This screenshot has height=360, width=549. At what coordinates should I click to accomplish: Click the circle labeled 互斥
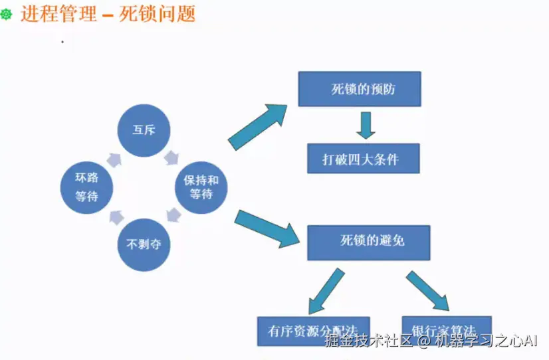coord(143,130)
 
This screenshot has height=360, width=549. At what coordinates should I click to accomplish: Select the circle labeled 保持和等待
coord(201,187)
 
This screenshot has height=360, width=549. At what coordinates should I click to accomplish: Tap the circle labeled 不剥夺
coord(144,244)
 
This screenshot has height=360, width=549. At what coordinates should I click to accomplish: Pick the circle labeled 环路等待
coord(86,187)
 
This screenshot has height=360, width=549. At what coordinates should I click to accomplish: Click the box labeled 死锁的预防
coord(359,89)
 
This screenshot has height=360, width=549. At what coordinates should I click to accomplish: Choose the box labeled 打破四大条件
coord(363,159)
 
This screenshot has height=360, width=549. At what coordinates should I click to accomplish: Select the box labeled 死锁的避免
coord(368,242)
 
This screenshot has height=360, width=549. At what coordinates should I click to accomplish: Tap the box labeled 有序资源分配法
coord(313,330)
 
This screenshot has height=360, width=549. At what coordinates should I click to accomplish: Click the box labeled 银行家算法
coord(447,329)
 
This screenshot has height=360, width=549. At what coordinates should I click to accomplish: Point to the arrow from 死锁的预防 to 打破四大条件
coord(364,125)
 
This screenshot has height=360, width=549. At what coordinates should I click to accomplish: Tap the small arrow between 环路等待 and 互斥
coord(114,158)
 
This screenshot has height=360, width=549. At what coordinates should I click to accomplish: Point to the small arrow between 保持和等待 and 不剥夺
coord(173,215)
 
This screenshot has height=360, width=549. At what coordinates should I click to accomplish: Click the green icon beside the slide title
coord(7,14)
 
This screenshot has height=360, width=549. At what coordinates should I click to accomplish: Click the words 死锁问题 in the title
coord(158,13)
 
